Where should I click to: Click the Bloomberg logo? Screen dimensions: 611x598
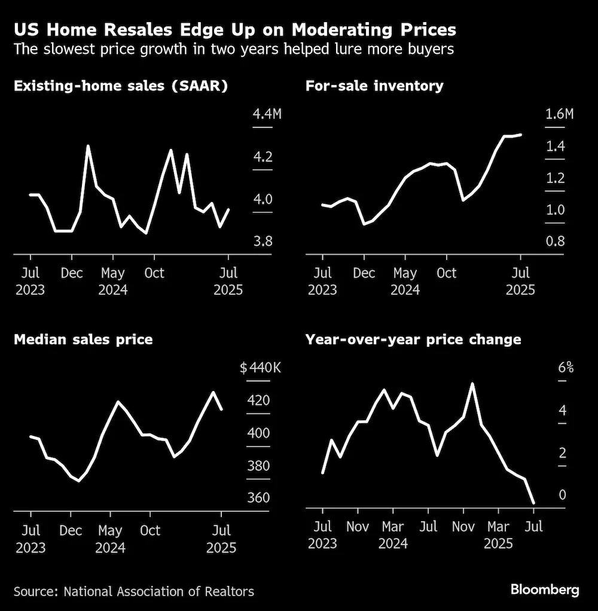click(544, 590)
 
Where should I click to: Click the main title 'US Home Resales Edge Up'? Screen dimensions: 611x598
click(234, 29)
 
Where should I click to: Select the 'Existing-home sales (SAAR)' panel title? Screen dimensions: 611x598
click(120, 86)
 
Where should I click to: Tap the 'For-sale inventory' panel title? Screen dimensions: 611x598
click(374, 86)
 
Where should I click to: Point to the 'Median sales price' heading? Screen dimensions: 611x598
click(83, 340)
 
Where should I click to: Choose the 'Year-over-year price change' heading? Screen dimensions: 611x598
click(413, 340)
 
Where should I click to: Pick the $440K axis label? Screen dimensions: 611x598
click(260, 368)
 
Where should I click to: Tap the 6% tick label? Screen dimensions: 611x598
click(566, 368)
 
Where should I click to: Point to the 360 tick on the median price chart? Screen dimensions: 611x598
click(258, 498)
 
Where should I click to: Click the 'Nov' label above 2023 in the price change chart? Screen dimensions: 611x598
click(358, 527)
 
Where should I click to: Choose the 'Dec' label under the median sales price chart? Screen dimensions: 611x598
click(71, 530)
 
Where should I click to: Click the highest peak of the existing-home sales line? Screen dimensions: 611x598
click(88, 146)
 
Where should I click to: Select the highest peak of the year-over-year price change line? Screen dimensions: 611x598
click(472, 383)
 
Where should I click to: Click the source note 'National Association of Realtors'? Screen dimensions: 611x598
click(158, 591)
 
